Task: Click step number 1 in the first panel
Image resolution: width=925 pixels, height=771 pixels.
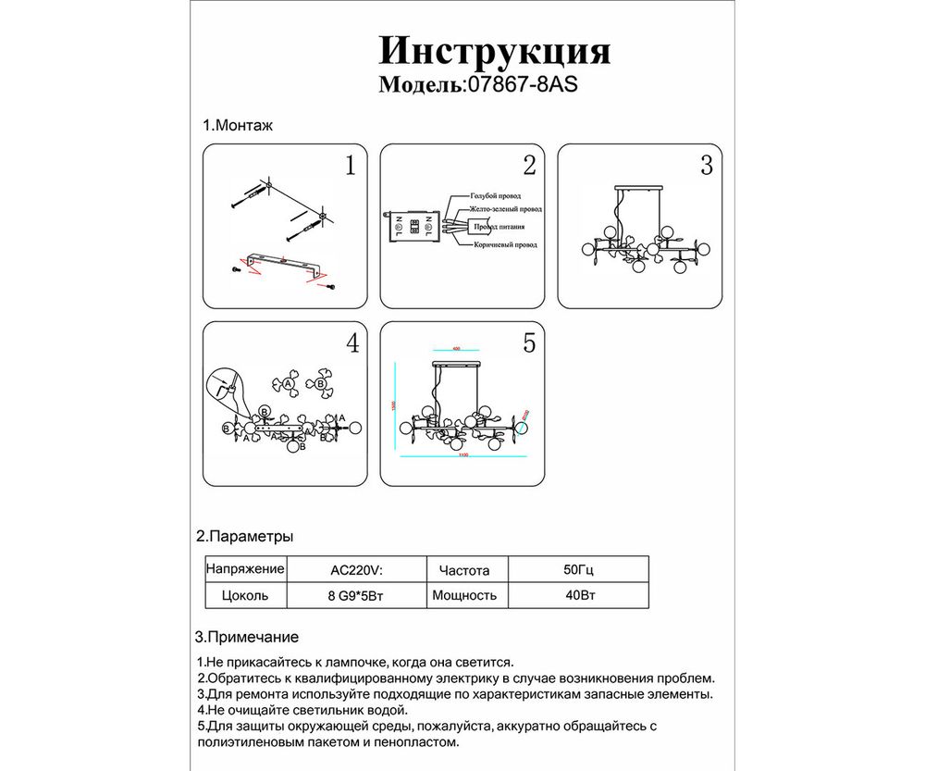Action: [x=350, y=167]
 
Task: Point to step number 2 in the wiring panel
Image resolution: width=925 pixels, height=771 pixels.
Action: [x=529, y=167]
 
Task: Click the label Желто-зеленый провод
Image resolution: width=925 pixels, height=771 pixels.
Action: [x=504, y=211]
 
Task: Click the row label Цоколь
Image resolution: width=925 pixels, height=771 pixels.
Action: [x=245, y=596]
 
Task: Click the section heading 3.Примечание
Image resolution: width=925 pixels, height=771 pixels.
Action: [x=247, y=637]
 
